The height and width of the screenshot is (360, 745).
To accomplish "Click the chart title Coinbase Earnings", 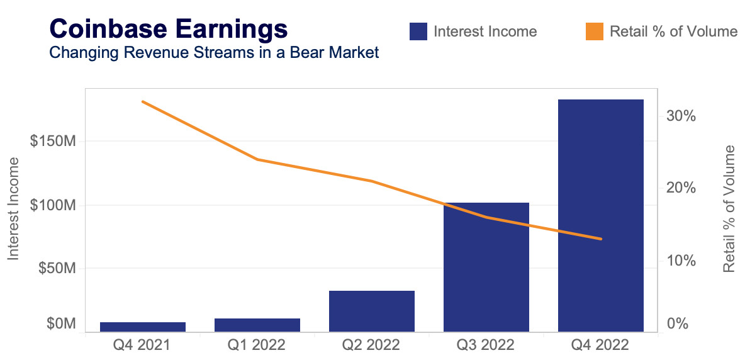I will click(168, 29).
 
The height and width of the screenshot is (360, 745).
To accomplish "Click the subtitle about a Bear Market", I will click(214, 52).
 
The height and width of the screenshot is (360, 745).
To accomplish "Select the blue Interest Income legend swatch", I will click(418, 31).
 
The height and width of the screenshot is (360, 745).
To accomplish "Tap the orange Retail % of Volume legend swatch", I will click(595, 31).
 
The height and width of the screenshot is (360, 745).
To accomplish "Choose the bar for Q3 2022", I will click(486, 267).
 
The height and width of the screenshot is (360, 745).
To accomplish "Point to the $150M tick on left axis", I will click(53, 142).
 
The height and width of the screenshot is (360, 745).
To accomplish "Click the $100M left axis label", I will click(53, 205).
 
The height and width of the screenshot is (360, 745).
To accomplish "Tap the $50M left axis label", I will click(57, 268).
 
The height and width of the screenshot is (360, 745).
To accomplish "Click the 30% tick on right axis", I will click(682, 116).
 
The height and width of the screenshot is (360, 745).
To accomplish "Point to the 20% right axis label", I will click(682, 188).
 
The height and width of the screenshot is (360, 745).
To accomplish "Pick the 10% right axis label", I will click(682, 261).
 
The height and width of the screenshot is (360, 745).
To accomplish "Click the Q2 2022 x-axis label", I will click(371, 346).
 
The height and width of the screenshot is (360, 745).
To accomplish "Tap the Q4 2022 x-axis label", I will click(600, 346).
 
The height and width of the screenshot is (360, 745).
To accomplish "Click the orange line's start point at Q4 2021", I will click(143, 101).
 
